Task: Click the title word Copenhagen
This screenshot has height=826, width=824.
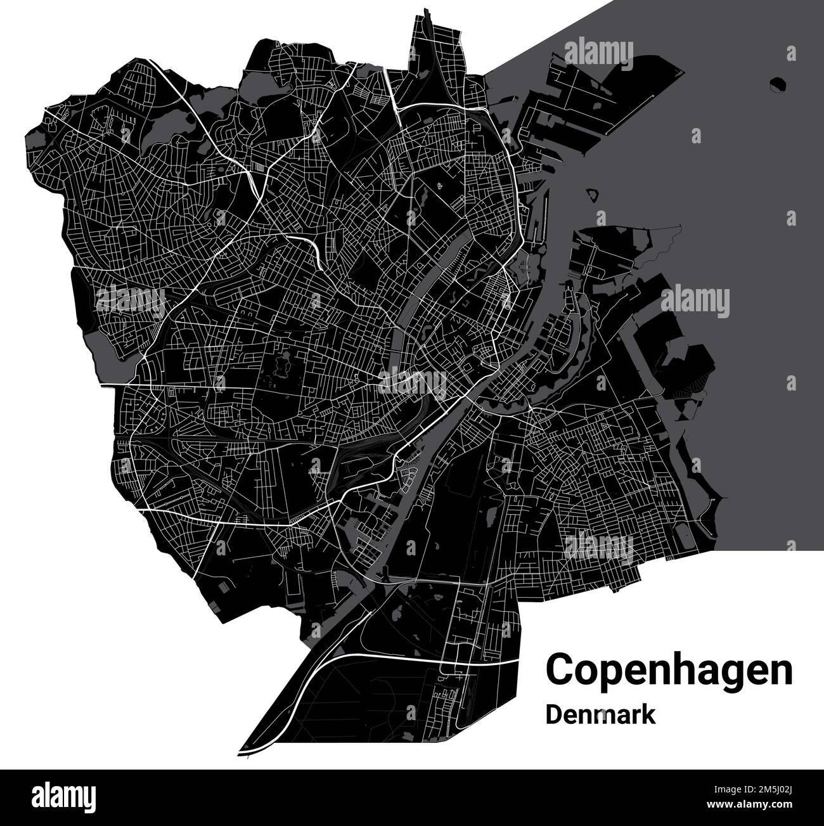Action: (669, 671)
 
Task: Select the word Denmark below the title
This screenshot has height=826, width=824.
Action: (600, 714)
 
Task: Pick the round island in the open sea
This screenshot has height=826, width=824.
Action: (778, 82)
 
